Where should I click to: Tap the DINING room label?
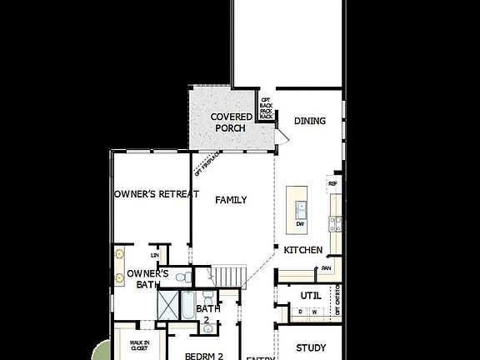click(310, 121)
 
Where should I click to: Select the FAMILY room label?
click(231, 200)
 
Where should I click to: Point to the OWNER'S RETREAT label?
click(157, 194)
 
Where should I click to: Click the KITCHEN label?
click(302, 250)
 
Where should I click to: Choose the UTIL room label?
click(311, 295)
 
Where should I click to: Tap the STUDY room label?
click(311, 347)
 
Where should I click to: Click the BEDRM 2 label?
click(204, 356)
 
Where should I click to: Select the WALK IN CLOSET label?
click(139, 346)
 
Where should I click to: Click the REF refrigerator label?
click(332, 183)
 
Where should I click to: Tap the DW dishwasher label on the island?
click(299, 223)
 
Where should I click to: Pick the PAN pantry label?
click(326, 268)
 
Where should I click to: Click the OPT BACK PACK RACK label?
click(266, 105)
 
